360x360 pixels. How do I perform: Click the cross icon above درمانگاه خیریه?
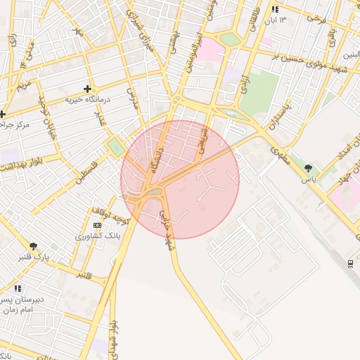(x=87, y=89)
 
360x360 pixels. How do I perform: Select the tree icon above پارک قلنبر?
(x=33, y=245)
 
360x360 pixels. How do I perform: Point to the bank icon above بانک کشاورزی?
(x=97, y=224)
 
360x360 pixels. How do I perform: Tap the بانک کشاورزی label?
(x=98, y=236)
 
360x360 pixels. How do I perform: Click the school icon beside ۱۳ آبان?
(x=275, y=10)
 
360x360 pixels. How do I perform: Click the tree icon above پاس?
(x=308, y=168)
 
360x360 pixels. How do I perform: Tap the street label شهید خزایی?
(x=167, y=229)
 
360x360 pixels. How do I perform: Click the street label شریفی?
(x=203, y=140)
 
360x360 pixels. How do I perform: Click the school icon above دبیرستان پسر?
(x=18, y=288)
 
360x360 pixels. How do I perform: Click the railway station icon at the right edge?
(x=351, y=263)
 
